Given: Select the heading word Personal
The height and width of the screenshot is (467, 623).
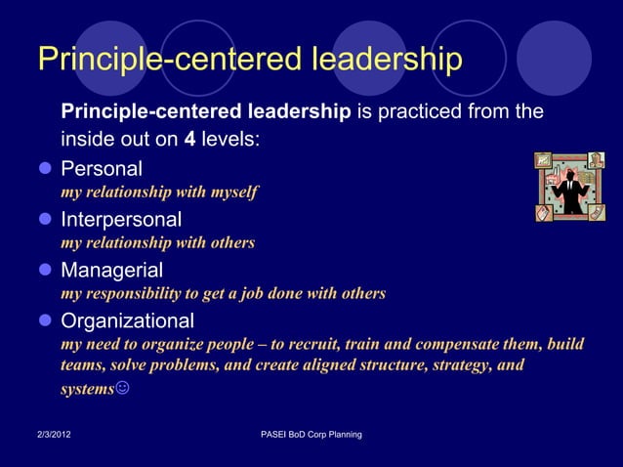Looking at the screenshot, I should point(102,168).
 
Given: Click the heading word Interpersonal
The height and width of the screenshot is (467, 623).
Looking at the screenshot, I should point(121,219).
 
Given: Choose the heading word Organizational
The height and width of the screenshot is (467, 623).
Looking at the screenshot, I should point(127,320).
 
